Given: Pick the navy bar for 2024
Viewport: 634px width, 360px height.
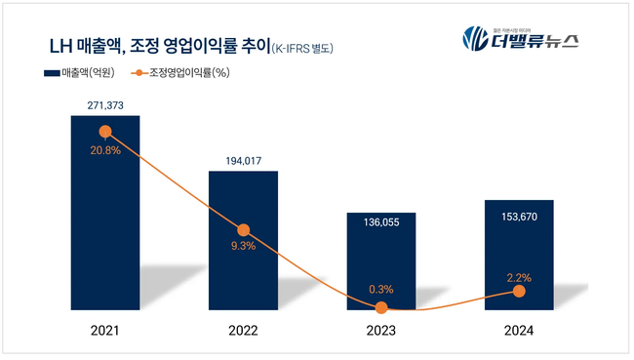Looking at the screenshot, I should point(519,256).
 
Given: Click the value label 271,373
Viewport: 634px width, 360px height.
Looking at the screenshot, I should point(104,102).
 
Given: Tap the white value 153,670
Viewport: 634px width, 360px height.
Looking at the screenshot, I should point(519,214).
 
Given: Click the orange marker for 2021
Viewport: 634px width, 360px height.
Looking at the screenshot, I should point(104,132).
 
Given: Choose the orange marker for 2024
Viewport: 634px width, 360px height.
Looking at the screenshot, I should point(519,292).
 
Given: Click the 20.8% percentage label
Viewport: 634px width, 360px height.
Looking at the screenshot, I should point(104,153).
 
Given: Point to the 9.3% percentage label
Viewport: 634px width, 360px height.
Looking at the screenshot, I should point(243,246).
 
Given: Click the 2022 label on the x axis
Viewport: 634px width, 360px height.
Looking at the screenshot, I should point(243,332).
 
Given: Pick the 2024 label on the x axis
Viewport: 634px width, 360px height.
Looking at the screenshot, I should point(519,332).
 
